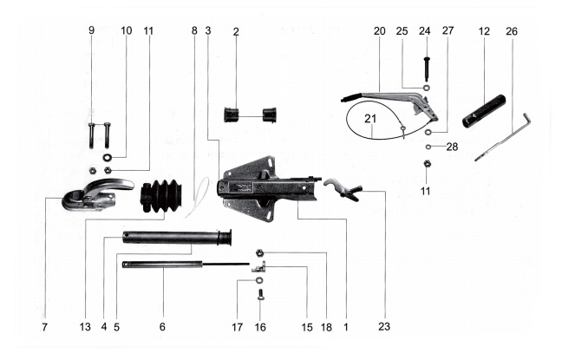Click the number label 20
click(379, 30)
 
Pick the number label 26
click(511, 30)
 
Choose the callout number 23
click(384, 327)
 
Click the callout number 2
click(236, 30)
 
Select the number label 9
click(91, 30)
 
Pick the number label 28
click(452, 147)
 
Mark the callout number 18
click(326, 327)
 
